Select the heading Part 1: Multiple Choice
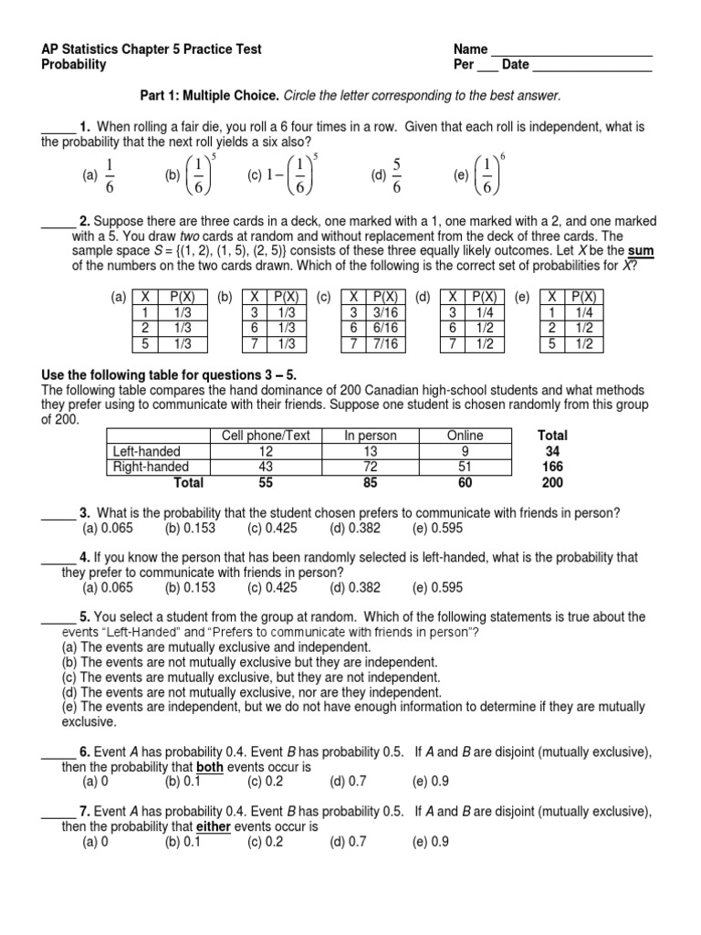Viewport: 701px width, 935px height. coord(205,95)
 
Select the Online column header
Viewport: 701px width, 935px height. coord(465,436)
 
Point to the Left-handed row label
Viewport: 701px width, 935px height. coord(146,451)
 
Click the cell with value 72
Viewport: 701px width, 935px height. coord(370,467)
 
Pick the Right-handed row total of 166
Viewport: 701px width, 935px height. coord(552,467)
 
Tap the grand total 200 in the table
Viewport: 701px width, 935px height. coord(552,482)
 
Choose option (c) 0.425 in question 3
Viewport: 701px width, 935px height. coord(268,528)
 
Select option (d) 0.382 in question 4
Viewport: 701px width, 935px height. coord(351,588)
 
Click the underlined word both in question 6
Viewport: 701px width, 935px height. coord(210,768)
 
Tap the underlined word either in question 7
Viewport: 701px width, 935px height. coord(214,827)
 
